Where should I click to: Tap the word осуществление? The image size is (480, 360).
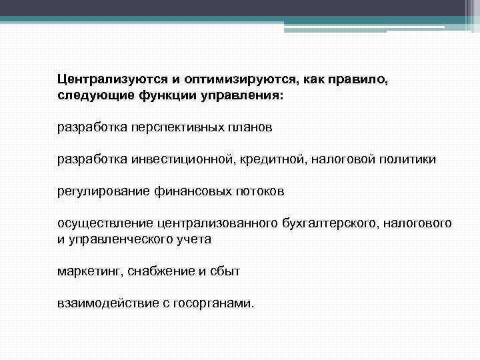point(101,223)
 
